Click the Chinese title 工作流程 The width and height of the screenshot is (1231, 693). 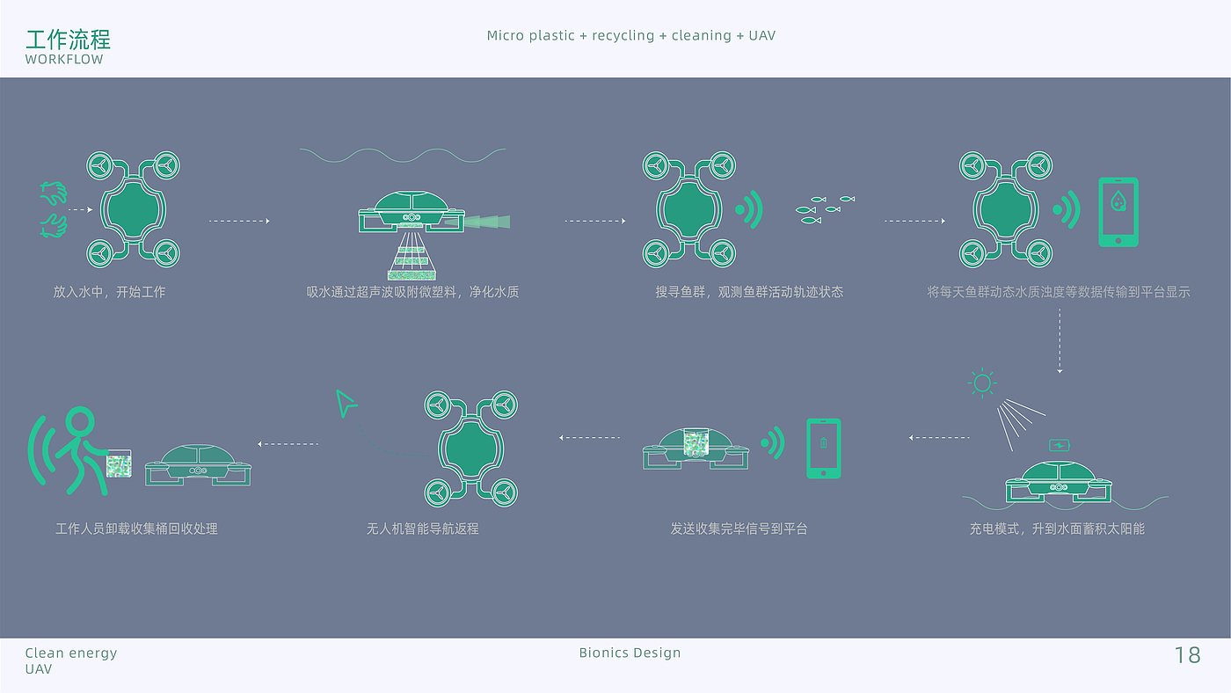[68, 40]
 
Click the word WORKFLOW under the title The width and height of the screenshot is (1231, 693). [64, 60]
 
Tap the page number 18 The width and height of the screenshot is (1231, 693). [1187, 655]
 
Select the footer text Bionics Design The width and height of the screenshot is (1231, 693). [630, 653]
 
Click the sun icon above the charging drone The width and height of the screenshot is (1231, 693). [982, 383]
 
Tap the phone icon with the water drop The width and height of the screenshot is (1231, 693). [1118, 212]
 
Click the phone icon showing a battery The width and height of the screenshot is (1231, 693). [823, 449]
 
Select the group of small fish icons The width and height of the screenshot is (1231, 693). [825, 209]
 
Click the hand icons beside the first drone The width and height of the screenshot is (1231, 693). [53, 209]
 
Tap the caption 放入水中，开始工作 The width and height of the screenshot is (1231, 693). [109, 291]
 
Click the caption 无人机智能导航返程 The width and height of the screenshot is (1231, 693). [423, 529]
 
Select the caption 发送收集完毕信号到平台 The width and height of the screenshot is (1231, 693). [739, 529]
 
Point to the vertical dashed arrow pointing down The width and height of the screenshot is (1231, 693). [1060, 340]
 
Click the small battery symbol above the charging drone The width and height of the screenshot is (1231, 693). [1060, 445]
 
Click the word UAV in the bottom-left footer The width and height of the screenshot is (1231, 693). [39, 669]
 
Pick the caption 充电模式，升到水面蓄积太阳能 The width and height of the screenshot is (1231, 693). [1057, 529]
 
